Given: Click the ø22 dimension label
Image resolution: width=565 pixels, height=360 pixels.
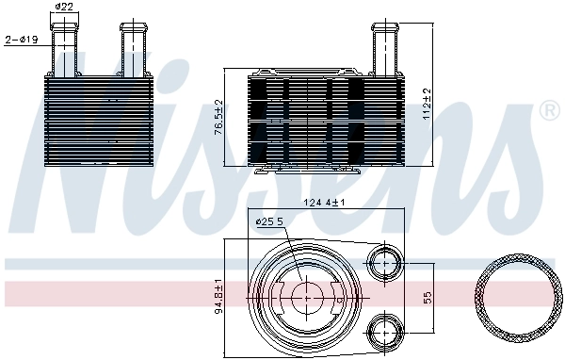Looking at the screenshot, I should [64, 8].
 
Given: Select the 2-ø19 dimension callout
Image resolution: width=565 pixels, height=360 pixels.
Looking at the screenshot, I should [21, 40].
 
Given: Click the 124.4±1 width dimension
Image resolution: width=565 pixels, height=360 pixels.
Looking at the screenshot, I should [324, 203].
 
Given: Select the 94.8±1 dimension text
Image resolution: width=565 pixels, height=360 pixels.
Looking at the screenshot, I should [218, 297].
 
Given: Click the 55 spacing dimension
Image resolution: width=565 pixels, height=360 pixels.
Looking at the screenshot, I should [427, 297].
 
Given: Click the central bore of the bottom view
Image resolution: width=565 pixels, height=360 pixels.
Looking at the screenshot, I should [305, 297].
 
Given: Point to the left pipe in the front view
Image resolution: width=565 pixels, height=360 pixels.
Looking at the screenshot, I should [65, 47].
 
